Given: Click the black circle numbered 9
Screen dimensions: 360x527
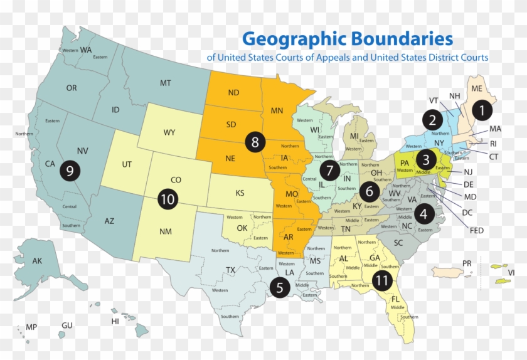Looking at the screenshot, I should click(70, 171).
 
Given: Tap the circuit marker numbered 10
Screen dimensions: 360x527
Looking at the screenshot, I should click(167, 199).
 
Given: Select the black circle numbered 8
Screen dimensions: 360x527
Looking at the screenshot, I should click(254, 142).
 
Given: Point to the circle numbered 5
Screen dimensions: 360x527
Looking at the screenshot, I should click(280, 287).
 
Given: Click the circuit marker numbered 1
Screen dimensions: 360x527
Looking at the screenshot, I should click(482, 110).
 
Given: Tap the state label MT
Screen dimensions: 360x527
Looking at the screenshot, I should click(166, 83).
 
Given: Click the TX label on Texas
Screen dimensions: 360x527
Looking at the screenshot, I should click(230, 270).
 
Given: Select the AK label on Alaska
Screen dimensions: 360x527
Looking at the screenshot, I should click(37, 261).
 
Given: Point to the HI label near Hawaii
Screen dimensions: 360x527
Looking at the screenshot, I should click(115, 321).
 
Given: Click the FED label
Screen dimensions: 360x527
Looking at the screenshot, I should click(476, 230).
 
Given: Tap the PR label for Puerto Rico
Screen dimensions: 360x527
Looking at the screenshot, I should click(466, 263).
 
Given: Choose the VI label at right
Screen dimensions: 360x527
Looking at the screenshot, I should click(511, 273).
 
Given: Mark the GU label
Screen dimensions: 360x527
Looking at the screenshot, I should click(67, 326).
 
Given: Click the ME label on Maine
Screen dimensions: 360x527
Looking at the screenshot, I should click(477, 88).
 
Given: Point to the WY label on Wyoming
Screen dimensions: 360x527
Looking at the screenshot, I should click(169, 132).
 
